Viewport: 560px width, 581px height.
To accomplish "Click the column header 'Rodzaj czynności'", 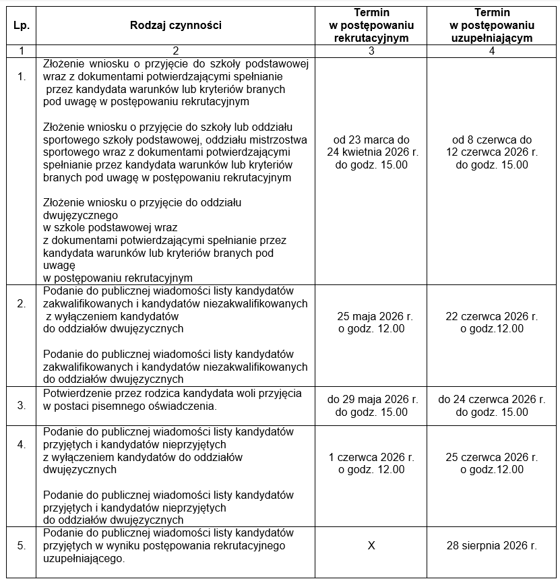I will pos(176,26).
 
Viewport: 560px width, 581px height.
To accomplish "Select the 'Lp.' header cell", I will pos(20,26).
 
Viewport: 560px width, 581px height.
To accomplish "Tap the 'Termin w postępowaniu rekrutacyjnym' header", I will pos(371,26).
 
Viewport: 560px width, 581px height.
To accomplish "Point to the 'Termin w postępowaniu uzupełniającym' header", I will pos(491,26).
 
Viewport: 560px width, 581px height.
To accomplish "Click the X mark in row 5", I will pos(371,545).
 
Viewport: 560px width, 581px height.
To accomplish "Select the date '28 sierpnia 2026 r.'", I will pos(491,545).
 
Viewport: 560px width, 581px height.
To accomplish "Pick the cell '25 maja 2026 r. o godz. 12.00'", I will pos(371,322).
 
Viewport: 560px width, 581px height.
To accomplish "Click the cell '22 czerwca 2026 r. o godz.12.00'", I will pos(491,322).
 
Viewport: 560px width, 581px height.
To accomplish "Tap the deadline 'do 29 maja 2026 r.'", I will pos(371,399).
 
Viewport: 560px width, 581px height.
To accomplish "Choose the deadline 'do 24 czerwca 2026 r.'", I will pos(491,399).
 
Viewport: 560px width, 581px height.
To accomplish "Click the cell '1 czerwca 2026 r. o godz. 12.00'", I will pos(371,463).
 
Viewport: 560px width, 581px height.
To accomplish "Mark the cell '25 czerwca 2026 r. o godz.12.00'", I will pos(491,463).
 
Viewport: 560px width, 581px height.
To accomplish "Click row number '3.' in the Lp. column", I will pos(22,406).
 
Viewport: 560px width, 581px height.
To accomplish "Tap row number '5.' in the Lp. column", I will pos(22,545).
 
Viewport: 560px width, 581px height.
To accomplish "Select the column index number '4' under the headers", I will pos(491,51).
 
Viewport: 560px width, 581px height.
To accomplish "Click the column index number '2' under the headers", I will pos(176,51).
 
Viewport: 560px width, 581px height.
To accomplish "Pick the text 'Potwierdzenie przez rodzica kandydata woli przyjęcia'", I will pos(173,393).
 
